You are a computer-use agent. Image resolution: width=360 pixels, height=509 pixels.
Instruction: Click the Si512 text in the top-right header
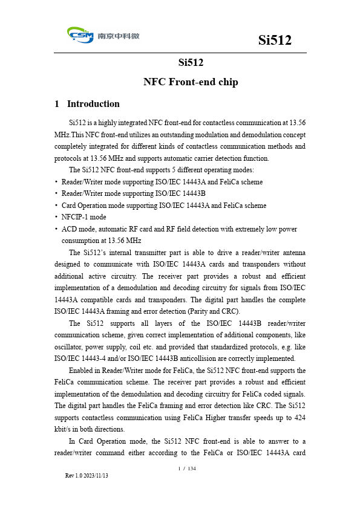click(x=275, y=40)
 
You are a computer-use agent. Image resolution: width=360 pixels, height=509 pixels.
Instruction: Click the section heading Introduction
click(x=93, y=104)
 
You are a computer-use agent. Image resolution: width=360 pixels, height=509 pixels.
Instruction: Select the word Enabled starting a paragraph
click(x=82, y=370)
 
